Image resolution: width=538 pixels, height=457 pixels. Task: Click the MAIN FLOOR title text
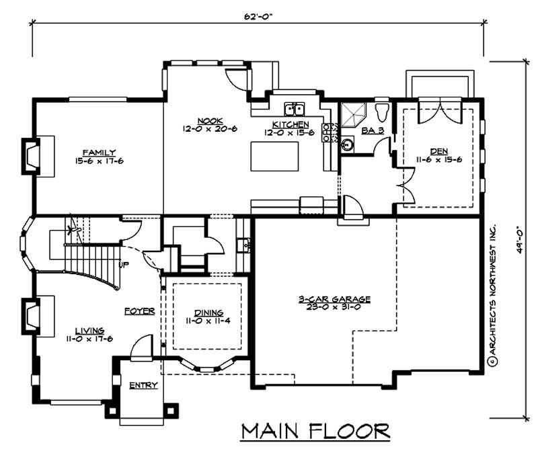pos(315,430)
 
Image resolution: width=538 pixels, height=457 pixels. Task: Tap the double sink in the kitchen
pos(295,110)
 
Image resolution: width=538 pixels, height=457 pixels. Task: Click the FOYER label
pos(140,311)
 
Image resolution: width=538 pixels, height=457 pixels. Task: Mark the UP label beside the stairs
pos(124,263)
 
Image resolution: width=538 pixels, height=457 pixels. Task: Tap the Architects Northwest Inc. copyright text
pos(492,296)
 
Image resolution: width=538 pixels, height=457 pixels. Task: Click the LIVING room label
pos(89,331)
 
